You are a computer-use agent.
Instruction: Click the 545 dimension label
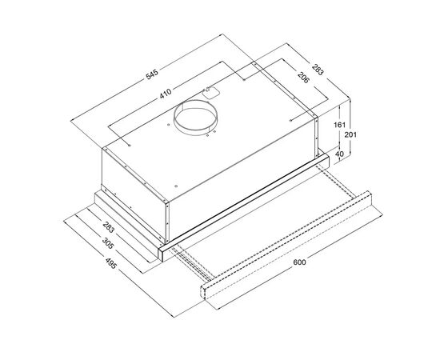(152, 74)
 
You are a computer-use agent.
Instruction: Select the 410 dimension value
(166, 93)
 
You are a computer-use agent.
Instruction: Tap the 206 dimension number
(303, 78)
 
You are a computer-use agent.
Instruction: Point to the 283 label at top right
(318, 69)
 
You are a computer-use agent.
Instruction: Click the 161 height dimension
(339, 125)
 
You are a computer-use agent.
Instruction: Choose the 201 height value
(350, 134)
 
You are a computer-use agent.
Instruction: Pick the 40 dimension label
(339, 154)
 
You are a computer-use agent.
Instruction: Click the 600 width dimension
(299, 262)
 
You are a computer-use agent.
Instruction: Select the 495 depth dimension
(110, 263)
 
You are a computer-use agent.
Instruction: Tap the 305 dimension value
(108, 243)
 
